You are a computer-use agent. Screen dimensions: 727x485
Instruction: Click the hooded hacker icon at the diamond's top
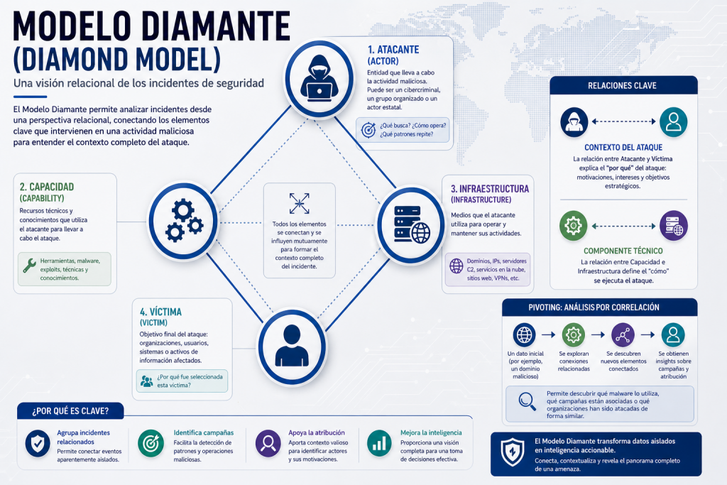[x=319, y=78]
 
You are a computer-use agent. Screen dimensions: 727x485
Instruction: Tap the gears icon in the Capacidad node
[x=184, y=220]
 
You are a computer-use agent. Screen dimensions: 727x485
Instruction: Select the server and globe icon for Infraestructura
[x=412, y=224]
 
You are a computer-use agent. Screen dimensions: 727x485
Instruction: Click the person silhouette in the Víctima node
[x=292, y=346]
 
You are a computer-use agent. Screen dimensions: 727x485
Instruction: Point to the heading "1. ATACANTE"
[x=393, y=50]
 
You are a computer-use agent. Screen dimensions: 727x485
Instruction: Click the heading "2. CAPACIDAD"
[x=46, y=187]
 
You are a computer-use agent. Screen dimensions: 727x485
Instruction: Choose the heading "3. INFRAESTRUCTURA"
[x=490, y=189]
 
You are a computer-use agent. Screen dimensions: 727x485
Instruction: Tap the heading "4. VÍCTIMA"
[x=160, y=312]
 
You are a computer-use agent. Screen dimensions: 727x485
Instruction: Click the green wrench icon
[x=29, y=265]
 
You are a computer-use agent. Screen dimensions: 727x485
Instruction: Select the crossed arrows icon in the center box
[x=299, y=203]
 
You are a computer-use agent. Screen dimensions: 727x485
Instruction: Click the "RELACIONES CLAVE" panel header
[x=623, y=85]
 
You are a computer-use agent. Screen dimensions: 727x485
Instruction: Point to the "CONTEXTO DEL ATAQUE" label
[x=623, y=148]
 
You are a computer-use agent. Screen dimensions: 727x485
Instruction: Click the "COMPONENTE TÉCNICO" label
[x=623, y=251]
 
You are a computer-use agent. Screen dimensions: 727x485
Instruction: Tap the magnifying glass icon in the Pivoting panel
[x=528, y=401]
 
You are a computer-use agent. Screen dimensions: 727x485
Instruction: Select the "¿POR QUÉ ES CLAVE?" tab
[x=70, y=411]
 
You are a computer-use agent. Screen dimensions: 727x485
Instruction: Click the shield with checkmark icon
[x=38, y=444]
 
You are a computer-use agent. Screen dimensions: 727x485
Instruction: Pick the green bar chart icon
[x=379, y=444]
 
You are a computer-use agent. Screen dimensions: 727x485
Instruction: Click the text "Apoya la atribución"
[x=317, y=432]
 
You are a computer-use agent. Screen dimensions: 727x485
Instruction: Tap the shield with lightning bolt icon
[x=513, y=452]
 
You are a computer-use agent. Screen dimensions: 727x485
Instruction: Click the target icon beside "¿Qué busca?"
[x=368, y=130]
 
